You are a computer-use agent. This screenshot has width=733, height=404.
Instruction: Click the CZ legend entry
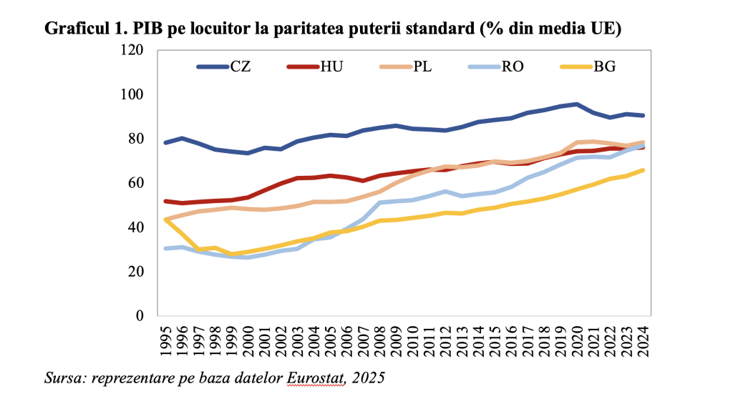pyautogui.click(x=223, y=67)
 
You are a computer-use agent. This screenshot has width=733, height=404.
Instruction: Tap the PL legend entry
pyautogui.click(x=404, y=67)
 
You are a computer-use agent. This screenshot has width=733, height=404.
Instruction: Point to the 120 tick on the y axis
pyautogui.click(x=132, y=50)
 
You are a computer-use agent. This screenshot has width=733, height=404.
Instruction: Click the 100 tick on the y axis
pyautogui.click(x=132, y=94)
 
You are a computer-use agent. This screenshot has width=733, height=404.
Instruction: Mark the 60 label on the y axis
pyautogui.click(x=136, y=183)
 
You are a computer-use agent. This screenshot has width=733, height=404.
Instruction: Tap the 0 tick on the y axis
pyautogui.click(x=140, y=315)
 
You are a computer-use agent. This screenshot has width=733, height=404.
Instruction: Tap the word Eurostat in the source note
pyautogui.click(x=316, y=376)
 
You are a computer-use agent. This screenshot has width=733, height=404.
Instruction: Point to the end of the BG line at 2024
pyautogui.click(x=643, y=170)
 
